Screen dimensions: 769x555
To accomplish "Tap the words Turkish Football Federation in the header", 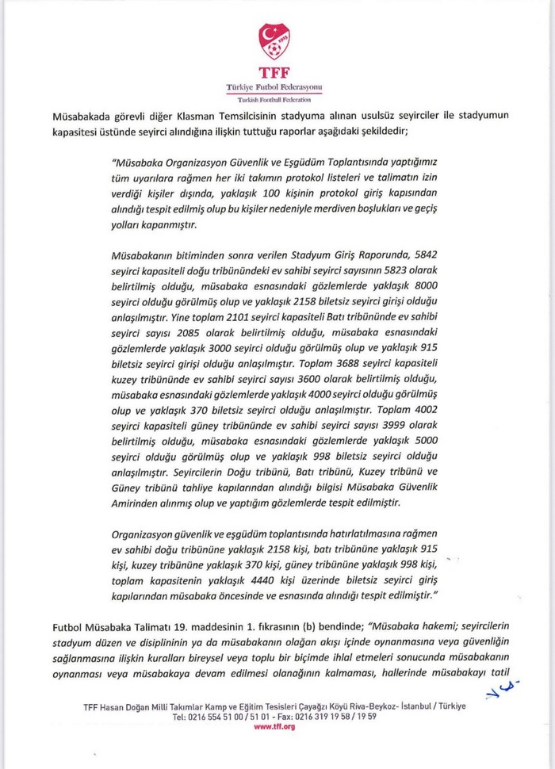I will [x=275, y=101].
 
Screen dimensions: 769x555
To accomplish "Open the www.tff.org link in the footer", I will [x=274, y=726].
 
